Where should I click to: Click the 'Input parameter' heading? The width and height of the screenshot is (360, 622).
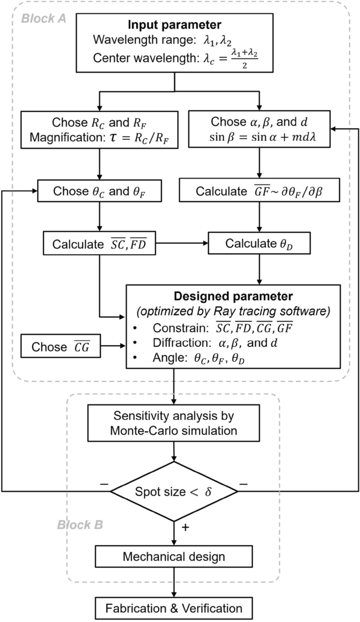(x=173, y=25)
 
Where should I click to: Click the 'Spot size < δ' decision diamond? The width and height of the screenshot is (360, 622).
(x=173, y=491)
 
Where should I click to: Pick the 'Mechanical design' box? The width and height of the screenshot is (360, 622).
(x=173, y=557)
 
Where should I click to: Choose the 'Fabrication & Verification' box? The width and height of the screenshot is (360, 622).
(x=173, y=608)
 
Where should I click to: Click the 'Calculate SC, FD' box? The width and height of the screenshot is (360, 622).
(x=99, y=244)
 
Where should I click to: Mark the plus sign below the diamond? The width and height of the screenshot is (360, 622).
(x=185, y=527)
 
